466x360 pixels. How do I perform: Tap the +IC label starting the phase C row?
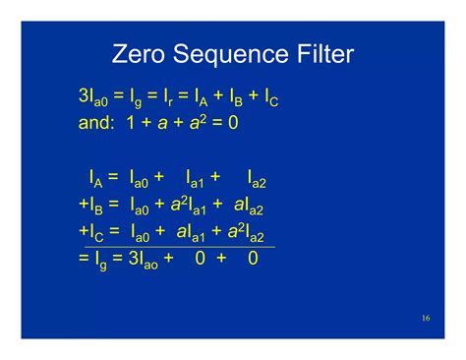pyautogui.click(x=90, y=231)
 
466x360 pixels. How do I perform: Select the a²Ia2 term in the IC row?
pyautogui.click(x=250, y=231)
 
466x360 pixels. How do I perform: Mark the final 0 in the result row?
pyautogui.click(x=253, y=258)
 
